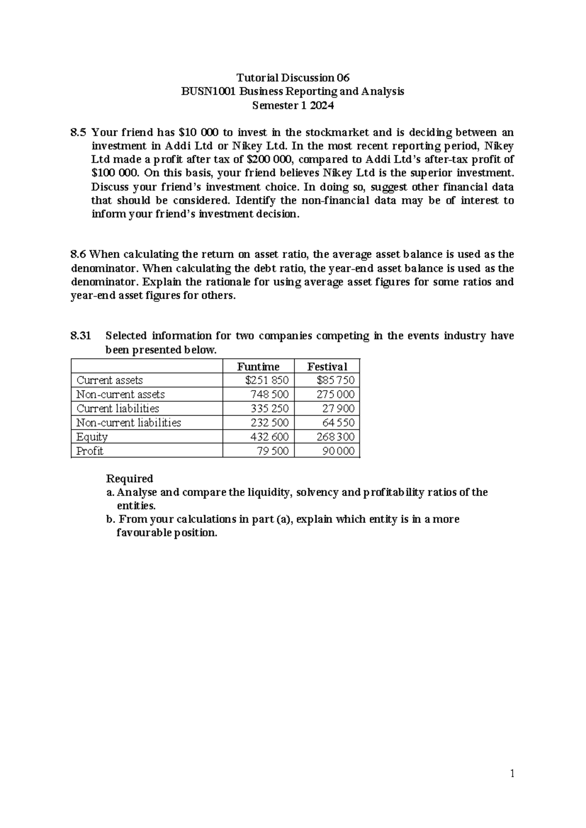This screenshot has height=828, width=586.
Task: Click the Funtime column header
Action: click(x=258, y=367)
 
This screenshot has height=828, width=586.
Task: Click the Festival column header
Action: click(x=327, y=367)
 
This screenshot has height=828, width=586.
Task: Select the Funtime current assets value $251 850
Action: click(x=267, y=380)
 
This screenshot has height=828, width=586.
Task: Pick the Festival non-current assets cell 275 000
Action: click(x=335, y=394)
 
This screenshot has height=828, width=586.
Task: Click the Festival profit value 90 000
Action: click(x=338, y=451)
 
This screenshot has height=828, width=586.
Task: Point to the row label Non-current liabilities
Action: click(x=128, y=423)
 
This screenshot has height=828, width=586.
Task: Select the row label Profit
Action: click(x=90, y=451)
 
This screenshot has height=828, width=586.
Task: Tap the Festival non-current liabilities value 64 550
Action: click(x=338, y=423)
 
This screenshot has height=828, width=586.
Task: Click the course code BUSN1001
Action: click(x=204, y=91)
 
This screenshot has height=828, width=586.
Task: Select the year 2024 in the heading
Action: click(x=321, y=105)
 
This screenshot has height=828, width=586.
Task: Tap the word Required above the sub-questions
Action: click(x=129, y=478)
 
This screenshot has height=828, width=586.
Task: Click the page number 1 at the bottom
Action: click(x=512, y=773)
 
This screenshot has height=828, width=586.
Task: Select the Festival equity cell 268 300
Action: click(x=335, y=437)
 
